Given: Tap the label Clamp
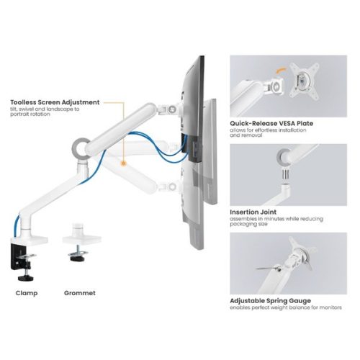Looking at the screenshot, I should pyautogui.click(x=28, y=293).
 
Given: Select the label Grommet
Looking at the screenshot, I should pyautogui.click(x=79, y=293).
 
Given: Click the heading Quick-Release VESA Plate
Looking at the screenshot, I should pyautogui.click(x=271, y=123).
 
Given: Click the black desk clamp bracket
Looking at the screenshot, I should pyautogui.click(x=22, y=255).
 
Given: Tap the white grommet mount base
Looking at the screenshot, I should pyautogui.click(x=78, y=237).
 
